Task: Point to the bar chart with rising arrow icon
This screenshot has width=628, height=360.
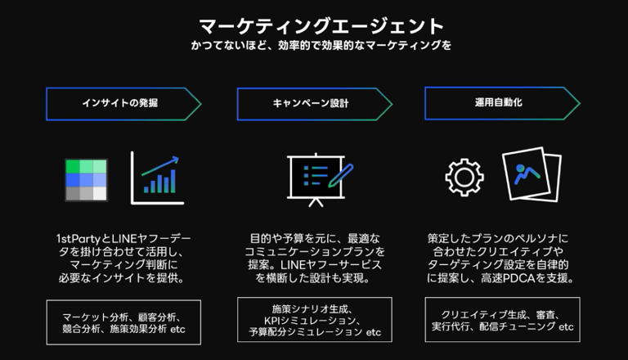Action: pos(158,178)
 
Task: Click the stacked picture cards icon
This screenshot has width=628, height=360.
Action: pos(531,176)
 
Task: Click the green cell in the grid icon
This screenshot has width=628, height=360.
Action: pos(73,166)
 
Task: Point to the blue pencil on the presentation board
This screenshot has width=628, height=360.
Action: pos(341,175)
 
